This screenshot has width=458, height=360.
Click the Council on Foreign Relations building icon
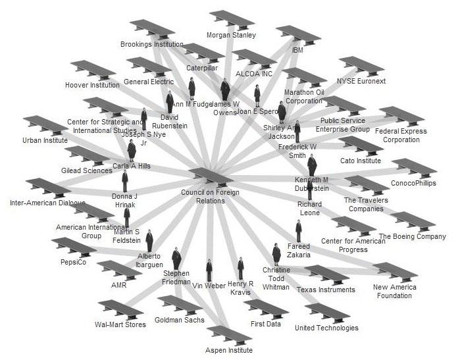click(211, 176)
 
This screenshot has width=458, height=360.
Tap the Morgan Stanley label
click(231, 35)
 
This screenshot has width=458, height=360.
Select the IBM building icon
click(297, 35)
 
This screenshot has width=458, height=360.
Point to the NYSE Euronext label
click(361, 82)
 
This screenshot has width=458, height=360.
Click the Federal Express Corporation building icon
click(401, 116)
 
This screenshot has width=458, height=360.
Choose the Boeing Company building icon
click(413, 222)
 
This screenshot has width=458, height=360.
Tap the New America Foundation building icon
click(395, 272)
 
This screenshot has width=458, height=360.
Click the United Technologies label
click(326, 328)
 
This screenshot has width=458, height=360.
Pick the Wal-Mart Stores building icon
click(119, 309)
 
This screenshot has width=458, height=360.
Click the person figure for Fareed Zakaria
click(298, 231)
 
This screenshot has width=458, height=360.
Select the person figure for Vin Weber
click(209, 270)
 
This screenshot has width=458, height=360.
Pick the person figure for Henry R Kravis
click(241, 269)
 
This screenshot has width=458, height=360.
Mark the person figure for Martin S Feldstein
click(127, 217)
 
